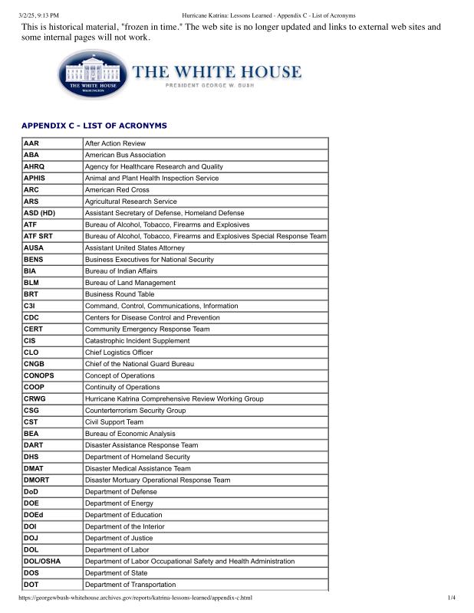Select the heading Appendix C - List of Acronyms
94,125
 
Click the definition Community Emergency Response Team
147,329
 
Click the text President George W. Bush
218,87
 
